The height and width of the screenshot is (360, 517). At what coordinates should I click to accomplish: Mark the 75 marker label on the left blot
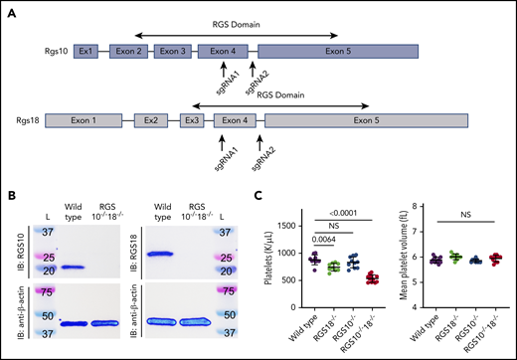click(46, 293)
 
